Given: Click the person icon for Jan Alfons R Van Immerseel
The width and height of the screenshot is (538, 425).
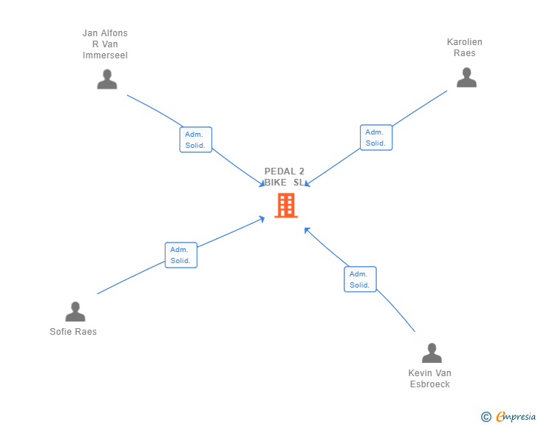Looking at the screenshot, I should pos(107,79).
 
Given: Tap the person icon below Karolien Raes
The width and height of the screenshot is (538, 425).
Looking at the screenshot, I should pos(466,78).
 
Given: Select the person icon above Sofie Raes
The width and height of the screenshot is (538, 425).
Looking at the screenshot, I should pos(75,311).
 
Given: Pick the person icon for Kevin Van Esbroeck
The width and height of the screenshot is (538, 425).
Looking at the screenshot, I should pos(432,353).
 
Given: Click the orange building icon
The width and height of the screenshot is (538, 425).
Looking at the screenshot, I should pos(286,205).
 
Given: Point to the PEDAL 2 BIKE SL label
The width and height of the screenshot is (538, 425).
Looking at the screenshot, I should pos(285,177).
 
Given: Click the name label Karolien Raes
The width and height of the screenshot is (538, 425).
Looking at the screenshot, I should pos(465,47).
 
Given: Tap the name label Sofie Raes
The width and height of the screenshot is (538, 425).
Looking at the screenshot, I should pos(73,332).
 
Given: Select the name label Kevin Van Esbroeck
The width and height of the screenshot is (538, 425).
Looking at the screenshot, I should pos(429,378).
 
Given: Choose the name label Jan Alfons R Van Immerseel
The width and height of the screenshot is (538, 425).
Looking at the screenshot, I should pos(105,44).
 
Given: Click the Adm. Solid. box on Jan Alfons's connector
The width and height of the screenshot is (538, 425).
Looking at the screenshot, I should pos(196,140).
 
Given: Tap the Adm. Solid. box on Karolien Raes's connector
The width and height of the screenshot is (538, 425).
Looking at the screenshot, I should pos(376,137).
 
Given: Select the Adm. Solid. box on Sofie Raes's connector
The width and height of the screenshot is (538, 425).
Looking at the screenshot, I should pos(181,255).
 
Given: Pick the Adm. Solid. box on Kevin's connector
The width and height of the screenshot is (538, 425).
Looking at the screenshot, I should pos(360,279).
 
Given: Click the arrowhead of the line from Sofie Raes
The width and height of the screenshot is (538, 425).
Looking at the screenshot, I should pos(262,219).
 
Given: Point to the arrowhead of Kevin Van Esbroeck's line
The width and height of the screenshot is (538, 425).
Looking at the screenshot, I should pos(307,230).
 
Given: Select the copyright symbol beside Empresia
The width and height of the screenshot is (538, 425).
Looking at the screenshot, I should pos(486,417).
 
